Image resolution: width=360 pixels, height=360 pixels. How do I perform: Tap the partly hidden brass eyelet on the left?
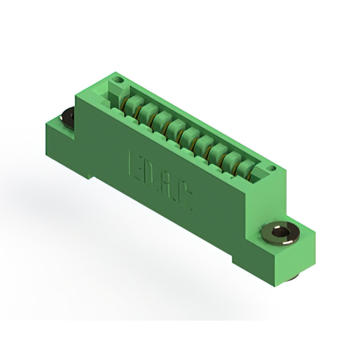click(x=67, y=116)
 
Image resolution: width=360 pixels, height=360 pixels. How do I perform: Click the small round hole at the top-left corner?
click(x=118, y=82)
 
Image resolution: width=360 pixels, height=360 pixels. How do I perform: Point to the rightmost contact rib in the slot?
click(x=245, y=168)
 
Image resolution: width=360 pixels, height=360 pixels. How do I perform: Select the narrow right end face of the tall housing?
click(x=281, y=191)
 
